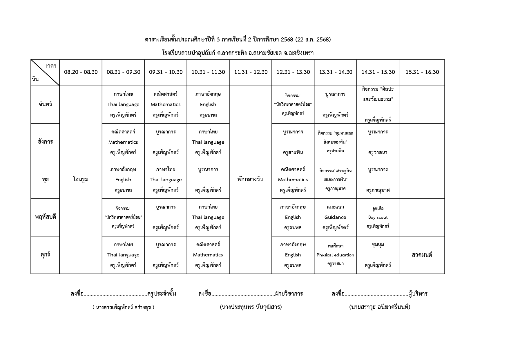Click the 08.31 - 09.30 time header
pyautogui.click(x=123, y=72)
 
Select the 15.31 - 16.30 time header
pyautogui.click(x=422, y=72)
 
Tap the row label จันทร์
pyautogui.click(x=45, y=104)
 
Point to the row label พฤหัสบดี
pyautogui.click(x=45, y=217)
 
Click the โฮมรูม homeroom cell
pyautogui.click(x=81, y=180)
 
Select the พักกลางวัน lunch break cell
pyautogui.click(x=250, y=180)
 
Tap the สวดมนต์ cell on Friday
pyautogui.click(x=422, y=255)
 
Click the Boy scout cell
pyautogui.click(x=378, y=217)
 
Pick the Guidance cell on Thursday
pyautogui.click(x=335, y=217)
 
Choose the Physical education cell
pyautogui.click(x=335, y=255)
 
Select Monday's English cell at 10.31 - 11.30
pyautogui.click(x=208, y=104)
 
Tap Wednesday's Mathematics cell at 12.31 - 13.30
pyautogui.click(x=293, y=180)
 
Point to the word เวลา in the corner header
pyautogui.click(x=51, y=66)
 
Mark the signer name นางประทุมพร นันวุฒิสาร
pyautogui.click(x=251, y=307)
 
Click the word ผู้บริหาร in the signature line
pyautogui.click(x=418, y=294)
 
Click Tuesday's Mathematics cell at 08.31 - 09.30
pyautogui.click(x=123, y=142)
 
